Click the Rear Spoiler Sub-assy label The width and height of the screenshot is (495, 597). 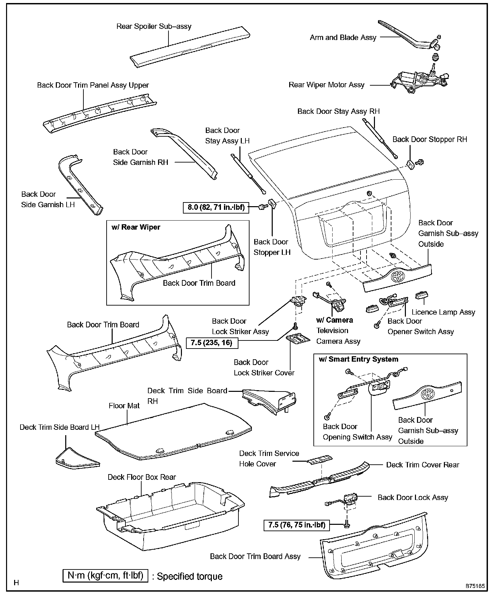pos(154,27)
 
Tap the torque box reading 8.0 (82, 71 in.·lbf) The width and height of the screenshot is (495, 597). pos(216,208)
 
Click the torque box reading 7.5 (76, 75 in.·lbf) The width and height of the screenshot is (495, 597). pos(297,525)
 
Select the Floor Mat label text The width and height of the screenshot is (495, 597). pos(124,406)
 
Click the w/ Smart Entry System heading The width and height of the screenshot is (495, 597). pos(358,359)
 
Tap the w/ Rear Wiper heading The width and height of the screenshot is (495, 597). pos(136,227)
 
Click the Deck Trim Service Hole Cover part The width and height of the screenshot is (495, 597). pos(320,460)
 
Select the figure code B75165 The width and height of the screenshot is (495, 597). pos(475,586)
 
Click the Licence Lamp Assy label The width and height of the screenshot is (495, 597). pos(443,312)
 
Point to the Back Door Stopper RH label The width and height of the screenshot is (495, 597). pos(430,139)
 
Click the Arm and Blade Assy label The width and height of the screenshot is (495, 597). pos(343,38)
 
